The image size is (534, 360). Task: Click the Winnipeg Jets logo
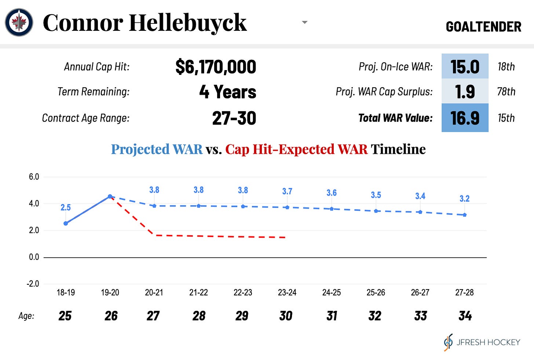[x=19, y=22]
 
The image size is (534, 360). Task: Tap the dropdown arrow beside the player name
[x=304, y=22]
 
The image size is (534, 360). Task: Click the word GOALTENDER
[x=483, y=27]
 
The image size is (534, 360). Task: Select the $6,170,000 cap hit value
[x=216, y=67]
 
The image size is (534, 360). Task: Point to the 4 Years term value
[x=227, y=92]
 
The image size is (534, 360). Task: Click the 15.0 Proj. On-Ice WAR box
[x=465, y=66]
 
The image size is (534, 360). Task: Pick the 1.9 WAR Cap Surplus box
[x=465, y=91]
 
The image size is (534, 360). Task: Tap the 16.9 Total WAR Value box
[x=465, y=118]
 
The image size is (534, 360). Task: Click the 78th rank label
[x=506, y=91]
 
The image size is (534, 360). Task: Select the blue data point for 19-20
[x=110, y=197]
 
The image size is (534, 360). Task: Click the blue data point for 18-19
[x=66, y=223]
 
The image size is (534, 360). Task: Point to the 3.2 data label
[x=464, y=199]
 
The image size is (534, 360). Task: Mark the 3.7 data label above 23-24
[x=287, y=191]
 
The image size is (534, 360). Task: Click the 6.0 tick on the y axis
[x=34, y=177]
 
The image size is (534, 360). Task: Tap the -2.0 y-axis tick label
[x=33, y=284]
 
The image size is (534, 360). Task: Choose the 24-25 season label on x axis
[x=331, y=292]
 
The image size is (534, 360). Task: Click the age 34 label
[x=465, y=316]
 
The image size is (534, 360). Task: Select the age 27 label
[x=153, y=316]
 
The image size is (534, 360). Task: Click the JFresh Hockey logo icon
[x=448, y=342]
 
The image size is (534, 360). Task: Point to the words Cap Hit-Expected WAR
[x=296, y=149]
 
